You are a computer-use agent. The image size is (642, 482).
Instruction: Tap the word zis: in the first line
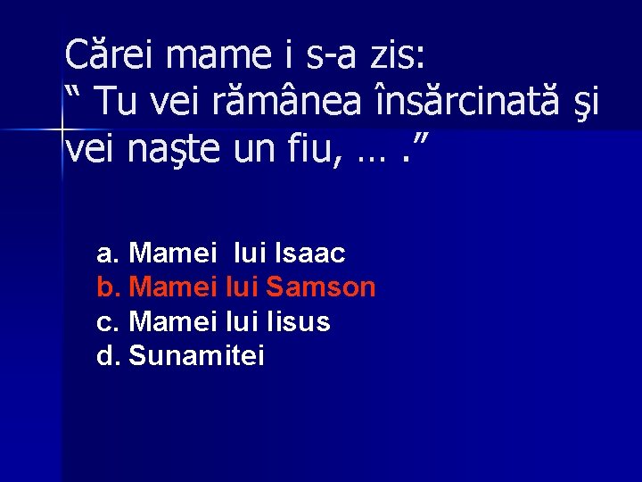tap(396, 56)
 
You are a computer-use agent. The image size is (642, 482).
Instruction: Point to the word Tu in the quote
tap(118, 103)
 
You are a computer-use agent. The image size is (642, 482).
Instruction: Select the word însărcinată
tap(468, 103)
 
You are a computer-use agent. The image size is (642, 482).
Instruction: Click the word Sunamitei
tap(196, 356)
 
